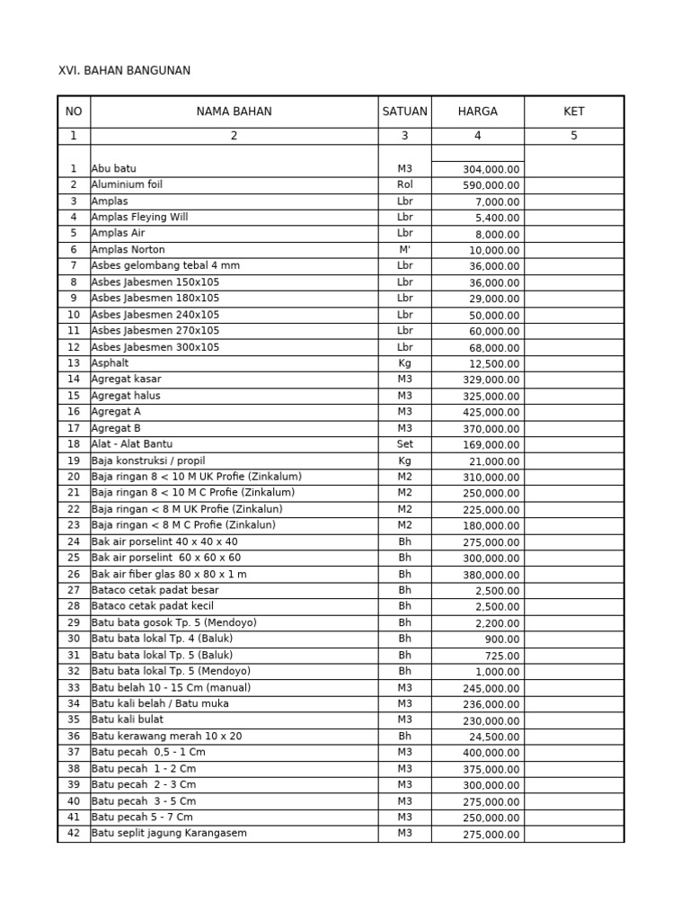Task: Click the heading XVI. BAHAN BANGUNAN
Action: coord(124,70)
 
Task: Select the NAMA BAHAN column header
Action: coord(234,112)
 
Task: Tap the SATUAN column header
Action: coord(404,112)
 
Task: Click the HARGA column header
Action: coord(477,112)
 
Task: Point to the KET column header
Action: coord(573,112)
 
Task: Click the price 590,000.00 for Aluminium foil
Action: coord(491,185)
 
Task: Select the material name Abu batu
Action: coord(114,168)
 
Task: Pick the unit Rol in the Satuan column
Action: coord(404,184)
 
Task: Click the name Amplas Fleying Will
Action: coord(139,217)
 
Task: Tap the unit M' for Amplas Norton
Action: coord(404,249)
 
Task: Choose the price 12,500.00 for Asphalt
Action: coord(493,364)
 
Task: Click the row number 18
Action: coord(74,444)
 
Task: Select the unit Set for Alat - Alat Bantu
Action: coord(404,444)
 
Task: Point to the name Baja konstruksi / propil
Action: coord(148,460)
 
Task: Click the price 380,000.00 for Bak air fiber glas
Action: coord(491,575)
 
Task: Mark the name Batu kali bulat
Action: coord(127,720)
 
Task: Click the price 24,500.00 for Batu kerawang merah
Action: coord(493,737)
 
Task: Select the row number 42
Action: coord(74,833)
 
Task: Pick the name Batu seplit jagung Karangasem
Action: coord(169,833)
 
